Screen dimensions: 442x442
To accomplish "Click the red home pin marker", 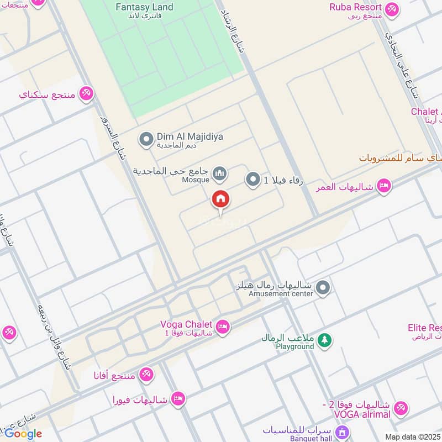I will tap(220, 199).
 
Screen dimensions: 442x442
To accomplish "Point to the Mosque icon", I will tap(220, 174).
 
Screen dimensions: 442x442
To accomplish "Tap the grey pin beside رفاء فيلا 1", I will tap(252, 180).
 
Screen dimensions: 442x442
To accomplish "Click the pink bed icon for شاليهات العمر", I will tap(384, 186).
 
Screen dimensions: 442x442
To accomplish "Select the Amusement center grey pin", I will tap(323, 287).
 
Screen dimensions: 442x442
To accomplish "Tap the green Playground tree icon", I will tap(325, 340).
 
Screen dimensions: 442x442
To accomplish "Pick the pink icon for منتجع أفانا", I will tap(146, 375).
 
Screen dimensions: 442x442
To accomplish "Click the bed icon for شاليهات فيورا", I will tap(178, 398).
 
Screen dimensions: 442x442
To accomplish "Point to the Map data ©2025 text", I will tap(412, 436).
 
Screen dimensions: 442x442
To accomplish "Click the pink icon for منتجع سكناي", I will tap(86, 93).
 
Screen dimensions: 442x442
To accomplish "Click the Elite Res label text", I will tap(424, 328).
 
